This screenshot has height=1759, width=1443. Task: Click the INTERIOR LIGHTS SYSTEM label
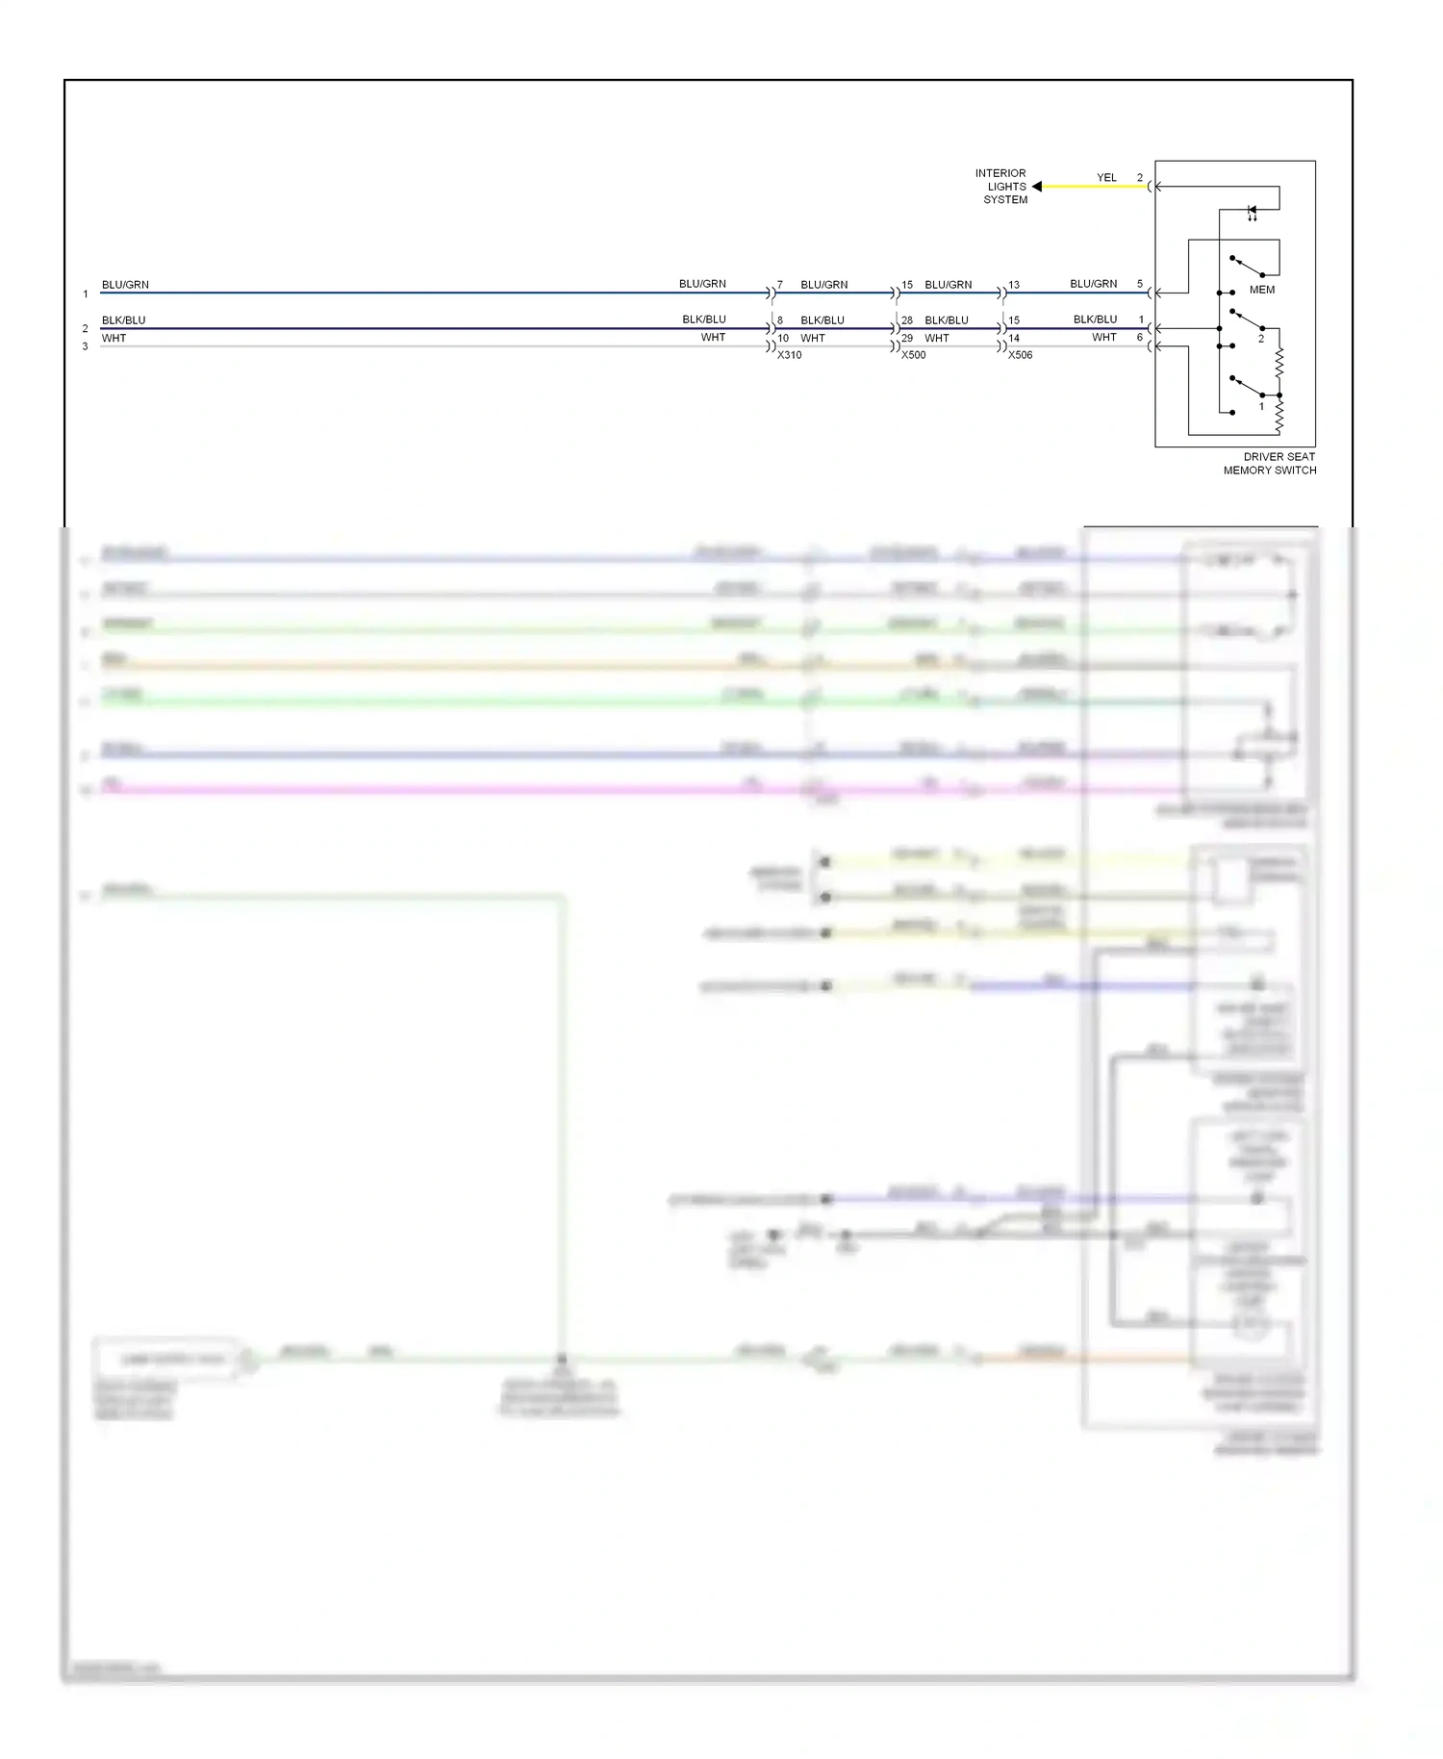(1002, 187)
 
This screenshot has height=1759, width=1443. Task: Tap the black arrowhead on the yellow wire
(1037, 187)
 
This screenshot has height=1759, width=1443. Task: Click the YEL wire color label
(1106, 178)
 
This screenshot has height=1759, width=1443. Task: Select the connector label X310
(790, 355)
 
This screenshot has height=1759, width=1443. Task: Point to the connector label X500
(914, 355)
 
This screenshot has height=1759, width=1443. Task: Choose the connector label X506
(1021, 355)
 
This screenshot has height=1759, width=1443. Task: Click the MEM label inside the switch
(1261, 290)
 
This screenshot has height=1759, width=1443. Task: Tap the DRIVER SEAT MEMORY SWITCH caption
(1270, 464)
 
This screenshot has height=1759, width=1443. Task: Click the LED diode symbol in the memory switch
(1252, 211)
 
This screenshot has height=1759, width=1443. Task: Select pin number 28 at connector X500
(907, 320)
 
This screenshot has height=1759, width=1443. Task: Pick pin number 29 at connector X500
(907, 339)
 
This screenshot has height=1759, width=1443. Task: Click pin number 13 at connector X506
(1014, 285)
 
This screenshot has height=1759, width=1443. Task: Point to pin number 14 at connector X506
(1014, 339)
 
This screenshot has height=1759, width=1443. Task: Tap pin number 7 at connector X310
(780, 285)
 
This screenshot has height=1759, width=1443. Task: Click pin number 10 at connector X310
(783, 339)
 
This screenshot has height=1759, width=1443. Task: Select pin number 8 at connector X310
(780, 320)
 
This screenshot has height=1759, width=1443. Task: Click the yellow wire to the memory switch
(1097, 187)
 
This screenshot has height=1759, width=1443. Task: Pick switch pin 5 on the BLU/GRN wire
(1140, 284)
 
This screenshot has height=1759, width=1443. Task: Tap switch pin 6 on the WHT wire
(1140, 338)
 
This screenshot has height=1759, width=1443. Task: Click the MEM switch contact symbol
(1247, 267)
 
